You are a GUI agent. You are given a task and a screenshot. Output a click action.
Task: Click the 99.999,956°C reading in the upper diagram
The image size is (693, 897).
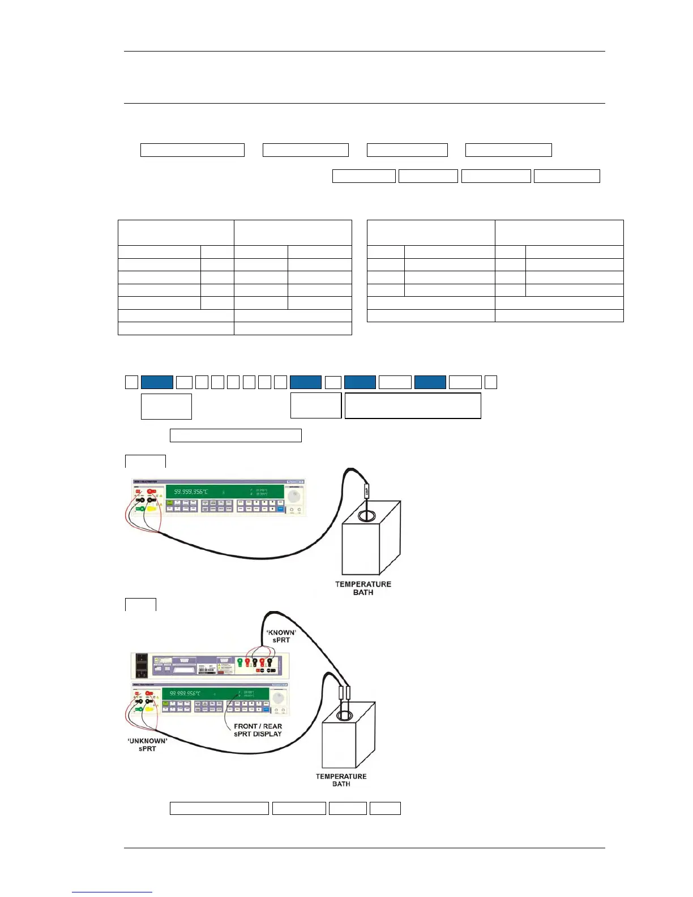(x=191, y=492)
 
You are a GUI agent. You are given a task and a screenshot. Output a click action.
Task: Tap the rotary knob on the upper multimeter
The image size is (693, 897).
(x=294, y=497)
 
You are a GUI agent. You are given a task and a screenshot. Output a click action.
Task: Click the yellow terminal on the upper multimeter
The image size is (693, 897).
(x=151, y=509)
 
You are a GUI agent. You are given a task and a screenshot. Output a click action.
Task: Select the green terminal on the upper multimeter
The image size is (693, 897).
(x=139, y=509)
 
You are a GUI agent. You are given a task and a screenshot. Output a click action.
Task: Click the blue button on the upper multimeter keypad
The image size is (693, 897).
(x=280, y=509)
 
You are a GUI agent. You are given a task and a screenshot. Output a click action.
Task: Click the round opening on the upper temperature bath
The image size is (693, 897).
(x=366, y=516)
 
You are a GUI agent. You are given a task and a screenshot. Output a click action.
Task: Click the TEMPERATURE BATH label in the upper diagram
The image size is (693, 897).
(x=363, y=588)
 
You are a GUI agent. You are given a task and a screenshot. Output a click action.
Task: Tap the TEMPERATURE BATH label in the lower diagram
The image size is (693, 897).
(x=341, y=780)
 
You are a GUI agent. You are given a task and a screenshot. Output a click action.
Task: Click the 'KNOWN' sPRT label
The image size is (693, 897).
(x=281, y=636)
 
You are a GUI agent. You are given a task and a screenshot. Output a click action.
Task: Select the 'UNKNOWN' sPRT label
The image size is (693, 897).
(x=147, y=745)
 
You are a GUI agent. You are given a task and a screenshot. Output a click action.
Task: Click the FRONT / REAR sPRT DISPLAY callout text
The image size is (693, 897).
(x=258, y=730)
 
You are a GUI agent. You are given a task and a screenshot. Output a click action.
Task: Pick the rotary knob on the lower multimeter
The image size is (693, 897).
(x=277, y=698)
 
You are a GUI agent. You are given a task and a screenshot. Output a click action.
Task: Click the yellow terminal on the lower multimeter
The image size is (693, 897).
(x=149, y=708)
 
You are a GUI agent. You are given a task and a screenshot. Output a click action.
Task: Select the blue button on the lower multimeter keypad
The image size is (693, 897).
(x=265, y=708)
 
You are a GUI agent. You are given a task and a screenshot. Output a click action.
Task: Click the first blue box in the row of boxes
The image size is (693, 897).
(x=157, y=382)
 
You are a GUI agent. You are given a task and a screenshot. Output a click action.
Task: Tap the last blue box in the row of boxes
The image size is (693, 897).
(x=430, y=382)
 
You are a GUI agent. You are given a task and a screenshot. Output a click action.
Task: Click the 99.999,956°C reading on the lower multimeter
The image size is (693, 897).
(x=185, y=693)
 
